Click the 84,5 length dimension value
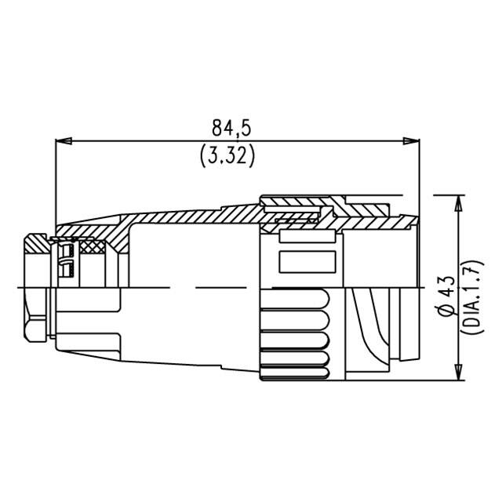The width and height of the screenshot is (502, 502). click(x=235, y=125)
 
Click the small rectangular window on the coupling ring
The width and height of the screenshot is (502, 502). click(x=307, y=262)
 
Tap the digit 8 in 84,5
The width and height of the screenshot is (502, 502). click(x=218, y=125)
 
